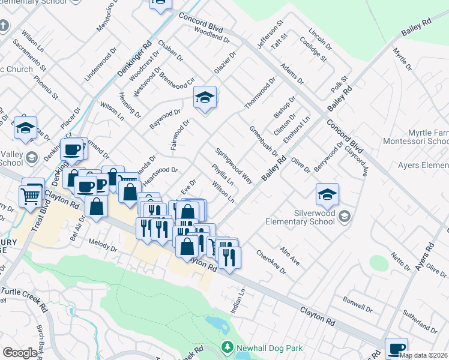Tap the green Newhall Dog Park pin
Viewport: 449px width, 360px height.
[x=227, y=347]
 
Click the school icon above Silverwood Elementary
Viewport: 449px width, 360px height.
[x=327, y=194]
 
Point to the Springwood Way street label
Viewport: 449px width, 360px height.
[x=234, y=166]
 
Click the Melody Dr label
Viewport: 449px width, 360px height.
[x=103, y=247]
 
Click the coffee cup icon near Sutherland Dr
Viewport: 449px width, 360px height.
[x=396, y=349]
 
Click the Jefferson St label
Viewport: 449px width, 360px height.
[x=270, y=37]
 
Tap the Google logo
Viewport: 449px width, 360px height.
[x=20, y=353]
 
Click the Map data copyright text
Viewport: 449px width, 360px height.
[x=424, y=355]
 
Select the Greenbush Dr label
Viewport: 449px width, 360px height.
[x=264, y=140]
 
